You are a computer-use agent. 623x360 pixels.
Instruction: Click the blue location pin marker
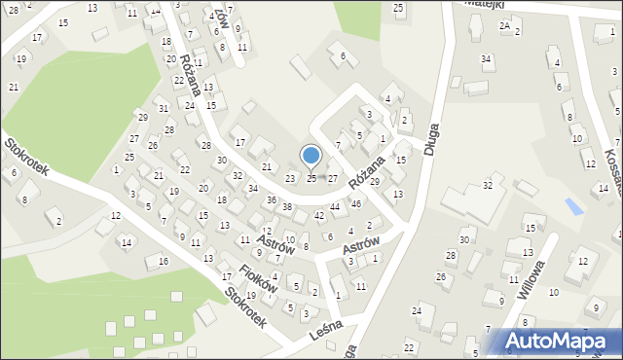(311, 157)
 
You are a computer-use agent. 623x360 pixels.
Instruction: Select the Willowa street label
(530, 276)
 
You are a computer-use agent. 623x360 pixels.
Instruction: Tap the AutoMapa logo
(556, 341)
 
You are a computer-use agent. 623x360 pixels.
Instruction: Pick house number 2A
(504, 25)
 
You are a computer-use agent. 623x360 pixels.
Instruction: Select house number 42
(319, 215)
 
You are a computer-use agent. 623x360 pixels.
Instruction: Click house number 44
(335, 207)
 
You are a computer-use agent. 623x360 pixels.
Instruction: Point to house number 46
(356, 203)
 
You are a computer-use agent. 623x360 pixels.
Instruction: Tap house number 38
(287, 207)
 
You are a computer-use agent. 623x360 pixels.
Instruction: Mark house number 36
(272, 199)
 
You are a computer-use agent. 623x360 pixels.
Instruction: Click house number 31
(164, 108)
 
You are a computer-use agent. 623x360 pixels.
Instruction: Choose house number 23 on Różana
(289, 179)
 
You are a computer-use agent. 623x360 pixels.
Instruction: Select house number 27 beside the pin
(332, 179)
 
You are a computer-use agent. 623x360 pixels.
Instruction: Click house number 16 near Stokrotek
(164, 262)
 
